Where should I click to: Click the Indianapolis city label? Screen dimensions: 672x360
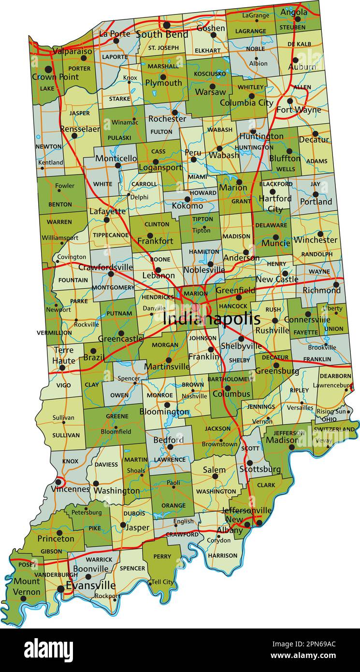212,319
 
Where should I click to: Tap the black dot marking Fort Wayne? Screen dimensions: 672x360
290,101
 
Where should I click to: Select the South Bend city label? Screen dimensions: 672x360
162,34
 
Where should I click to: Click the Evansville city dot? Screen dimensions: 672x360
60,589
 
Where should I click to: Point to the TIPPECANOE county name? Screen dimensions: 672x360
111,235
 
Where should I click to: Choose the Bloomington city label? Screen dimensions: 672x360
164,412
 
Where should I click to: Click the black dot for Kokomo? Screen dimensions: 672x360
187,199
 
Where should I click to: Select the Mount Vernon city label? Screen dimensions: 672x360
27,586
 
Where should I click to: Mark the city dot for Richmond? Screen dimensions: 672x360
336,284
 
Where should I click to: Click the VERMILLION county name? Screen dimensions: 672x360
54,333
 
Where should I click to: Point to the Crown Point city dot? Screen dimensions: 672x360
48,69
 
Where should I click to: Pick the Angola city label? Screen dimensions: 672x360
294,12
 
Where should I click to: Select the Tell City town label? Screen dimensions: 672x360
162,582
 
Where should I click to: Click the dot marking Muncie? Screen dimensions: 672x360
275,237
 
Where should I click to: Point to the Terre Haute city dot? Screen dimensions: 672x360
62,367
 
